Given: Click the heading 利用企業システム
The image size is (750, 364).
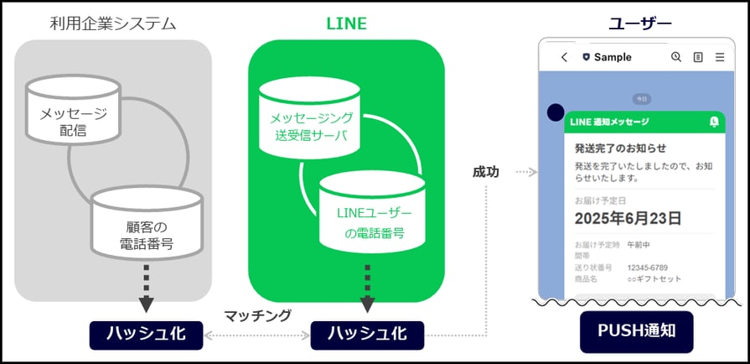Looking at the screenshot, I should click(112, 23).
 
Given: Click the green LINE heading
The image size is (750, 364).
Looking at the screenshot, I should click(346, 23).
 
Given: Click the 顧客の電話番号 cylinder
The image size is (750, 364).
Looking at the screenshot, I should click(147, 223).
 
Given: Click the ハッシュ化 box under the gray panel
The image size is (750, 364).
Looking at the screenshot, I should click(147, 333).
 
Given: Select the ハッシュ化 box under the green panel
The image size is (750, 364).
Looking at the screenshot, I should click(367, 333).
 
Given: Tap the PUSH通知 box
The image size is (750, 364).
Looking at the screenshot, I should click(637, 334).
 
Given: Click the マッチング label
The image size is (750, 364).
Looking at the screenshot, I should click(257, 315).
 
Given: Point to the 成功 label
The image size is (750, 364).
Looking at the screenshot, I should click(485, 172).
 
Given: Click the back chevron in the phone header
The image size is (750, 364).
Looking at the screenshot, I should click(564, 57).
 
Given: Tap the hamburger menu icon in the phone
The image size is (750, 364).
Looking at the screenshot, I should click(719, 57).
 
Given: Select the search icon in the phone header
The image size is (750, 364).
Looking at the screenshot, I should click(676, 57).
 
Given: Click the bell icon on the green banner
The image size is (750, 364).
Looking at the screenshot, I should click(713, 122).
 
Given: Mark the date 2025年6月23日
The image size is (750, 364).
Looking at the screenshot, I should click(628, 218).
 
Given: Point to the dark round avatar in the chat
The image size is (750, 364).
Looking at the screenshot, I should click(555, 112).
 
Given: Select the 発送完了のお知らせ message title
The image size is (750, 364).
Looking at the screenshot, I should click(620, 148).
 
